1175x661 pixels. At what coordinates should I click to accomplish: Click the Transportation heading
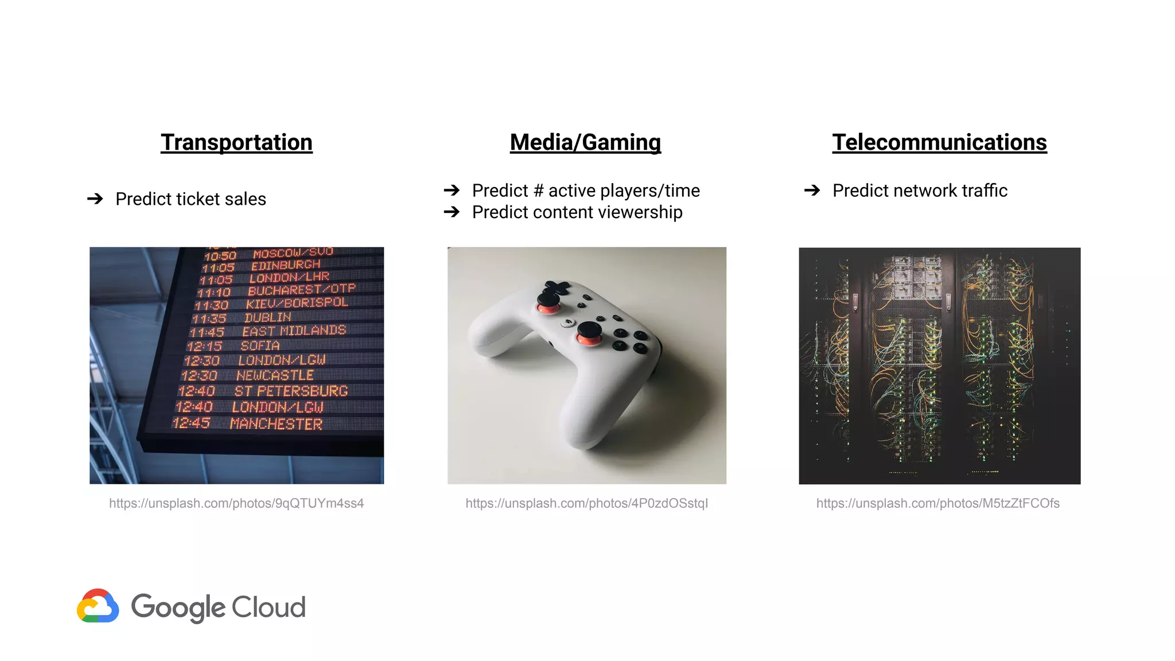click(236, 142)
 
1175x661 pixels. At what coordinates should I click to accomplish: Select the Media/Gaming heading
click(585, 142)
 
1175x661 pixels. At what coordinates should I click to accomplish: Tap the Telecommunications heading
click(939, 142)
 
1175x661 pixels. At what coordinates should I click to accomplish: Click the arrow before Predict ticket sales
click(95, 199)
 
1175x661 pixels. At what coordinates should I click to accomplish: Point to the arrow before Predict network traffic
click(812, 190)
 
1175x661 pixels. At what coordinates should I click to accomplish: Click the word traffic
click(985, 190)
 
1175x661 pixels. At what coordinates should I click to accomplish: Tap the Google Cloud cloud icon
click(98, 606)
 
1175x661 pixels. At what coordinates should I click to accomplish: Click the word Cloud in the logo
click(269, 607)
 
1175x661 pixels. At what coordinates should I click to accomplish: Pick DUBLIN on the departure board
click(267, 317)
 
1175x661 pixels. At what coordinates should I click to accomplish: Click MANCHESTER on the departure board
click(276, 424)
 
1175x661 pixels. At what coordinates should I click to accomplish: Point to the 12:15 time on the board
click(204, 346)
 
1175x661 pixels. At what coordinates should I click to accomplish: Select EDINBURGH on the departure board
click(286, 265)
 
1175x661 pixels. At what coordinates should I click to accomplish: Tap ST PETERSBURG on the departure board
click(291, 391)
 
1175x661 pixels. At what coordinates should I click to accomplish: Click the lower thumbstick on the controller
click(589, 332)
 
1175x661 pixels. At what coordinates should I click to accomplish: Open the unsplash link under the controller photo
click(586, 503)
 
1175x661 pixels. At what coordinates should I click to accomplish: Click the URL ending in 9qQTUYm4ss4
click(236, 503)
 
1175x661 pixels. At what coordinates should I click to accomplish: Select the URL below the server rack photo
click(937, 503)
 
